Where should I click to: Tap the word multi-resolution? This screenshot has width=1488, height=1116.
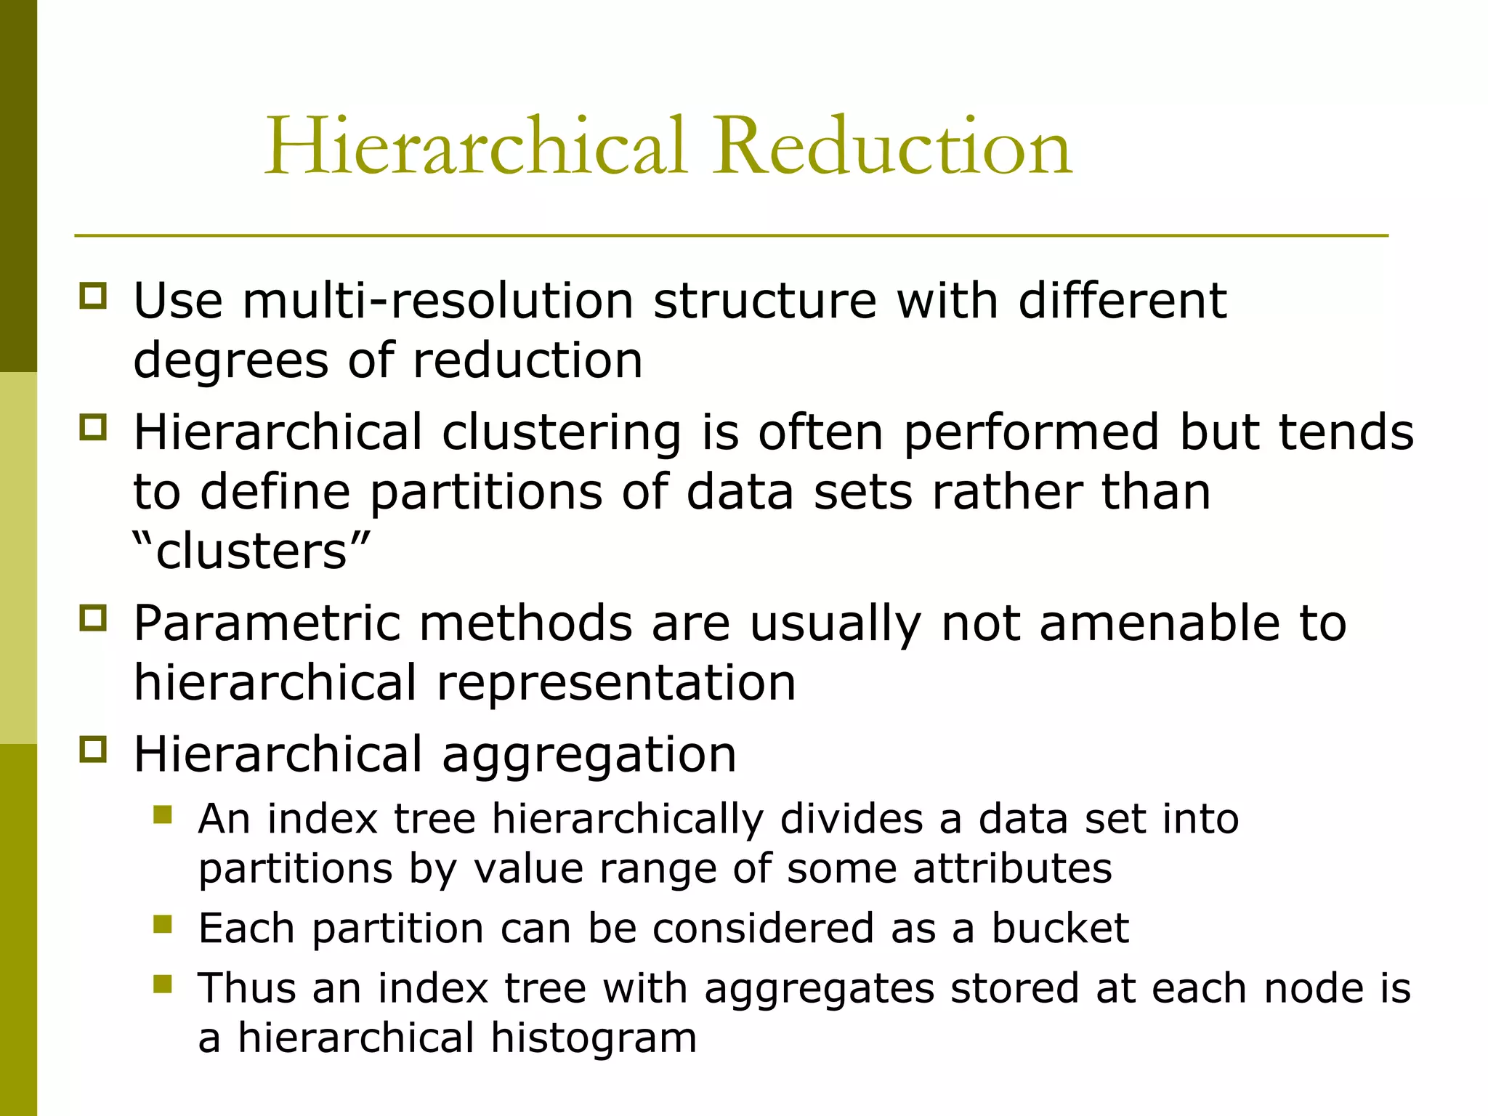point(438,301)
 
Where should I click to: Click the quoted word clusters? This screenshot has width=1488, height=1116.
point(251,551)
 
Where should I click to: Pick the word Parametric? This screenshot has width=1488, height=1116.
point(267,624)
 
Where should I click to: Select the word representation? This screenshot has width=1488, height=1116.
point(616,683)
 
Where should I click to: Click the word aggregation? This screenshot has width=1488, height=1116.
point(589,756)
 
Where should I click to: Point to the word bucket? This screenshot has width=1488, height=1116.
point(1060,928)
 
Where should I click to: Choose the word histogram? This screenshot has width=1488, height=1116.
point(594,1038)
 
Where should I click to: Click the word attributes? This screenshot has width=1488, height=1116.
point(1012,869)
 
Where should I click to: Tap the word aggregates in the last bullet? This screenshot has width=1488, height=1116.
point(819,990)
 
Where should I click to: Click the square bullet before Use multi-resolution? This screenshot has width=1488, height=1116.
point(93,296)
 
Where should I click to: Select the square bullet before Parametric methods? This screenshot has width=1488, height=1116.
point(93,618)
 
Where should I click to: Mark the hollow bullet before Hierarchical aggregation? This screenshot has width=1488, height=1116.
point(93,749)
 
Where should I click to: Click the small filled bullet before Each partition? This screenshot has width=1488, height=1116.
point(163,924)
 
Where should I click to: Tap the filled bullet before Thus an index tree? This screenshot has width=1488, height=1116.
point(163,984)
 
